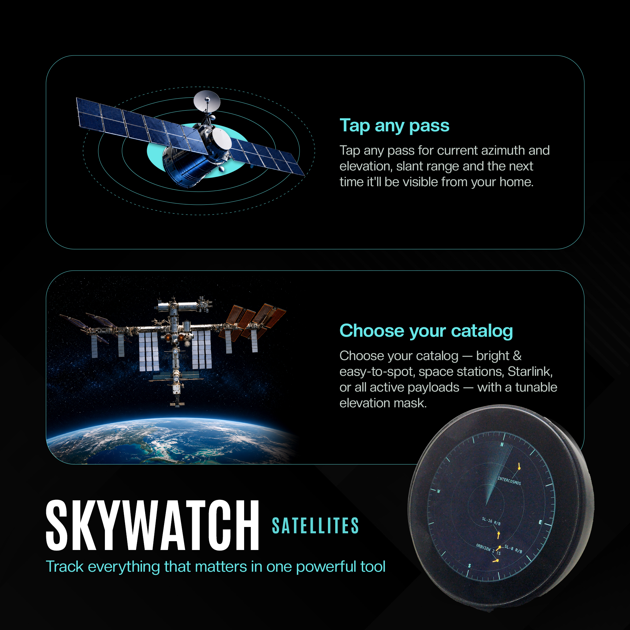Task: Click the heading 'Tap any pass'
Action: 394,126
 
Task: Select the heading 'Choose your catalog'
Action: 426,331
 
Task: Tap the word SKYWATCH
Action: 152,525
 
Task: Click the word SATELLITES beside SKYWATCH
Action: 315,526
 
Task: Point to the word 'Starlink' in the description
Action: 530,371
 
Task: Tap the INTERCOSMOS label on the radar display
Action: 509,481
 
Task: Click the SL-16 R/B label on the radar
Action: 491,521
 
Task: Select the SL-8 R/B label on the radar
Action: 513,549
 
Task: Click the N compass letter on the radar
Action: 502,445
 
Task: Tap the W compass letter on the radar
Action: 438,491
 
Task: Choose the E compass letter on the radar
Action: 540,522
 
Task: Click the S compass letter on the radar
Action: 470,566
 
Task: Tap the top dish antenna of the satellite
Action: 207,101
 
